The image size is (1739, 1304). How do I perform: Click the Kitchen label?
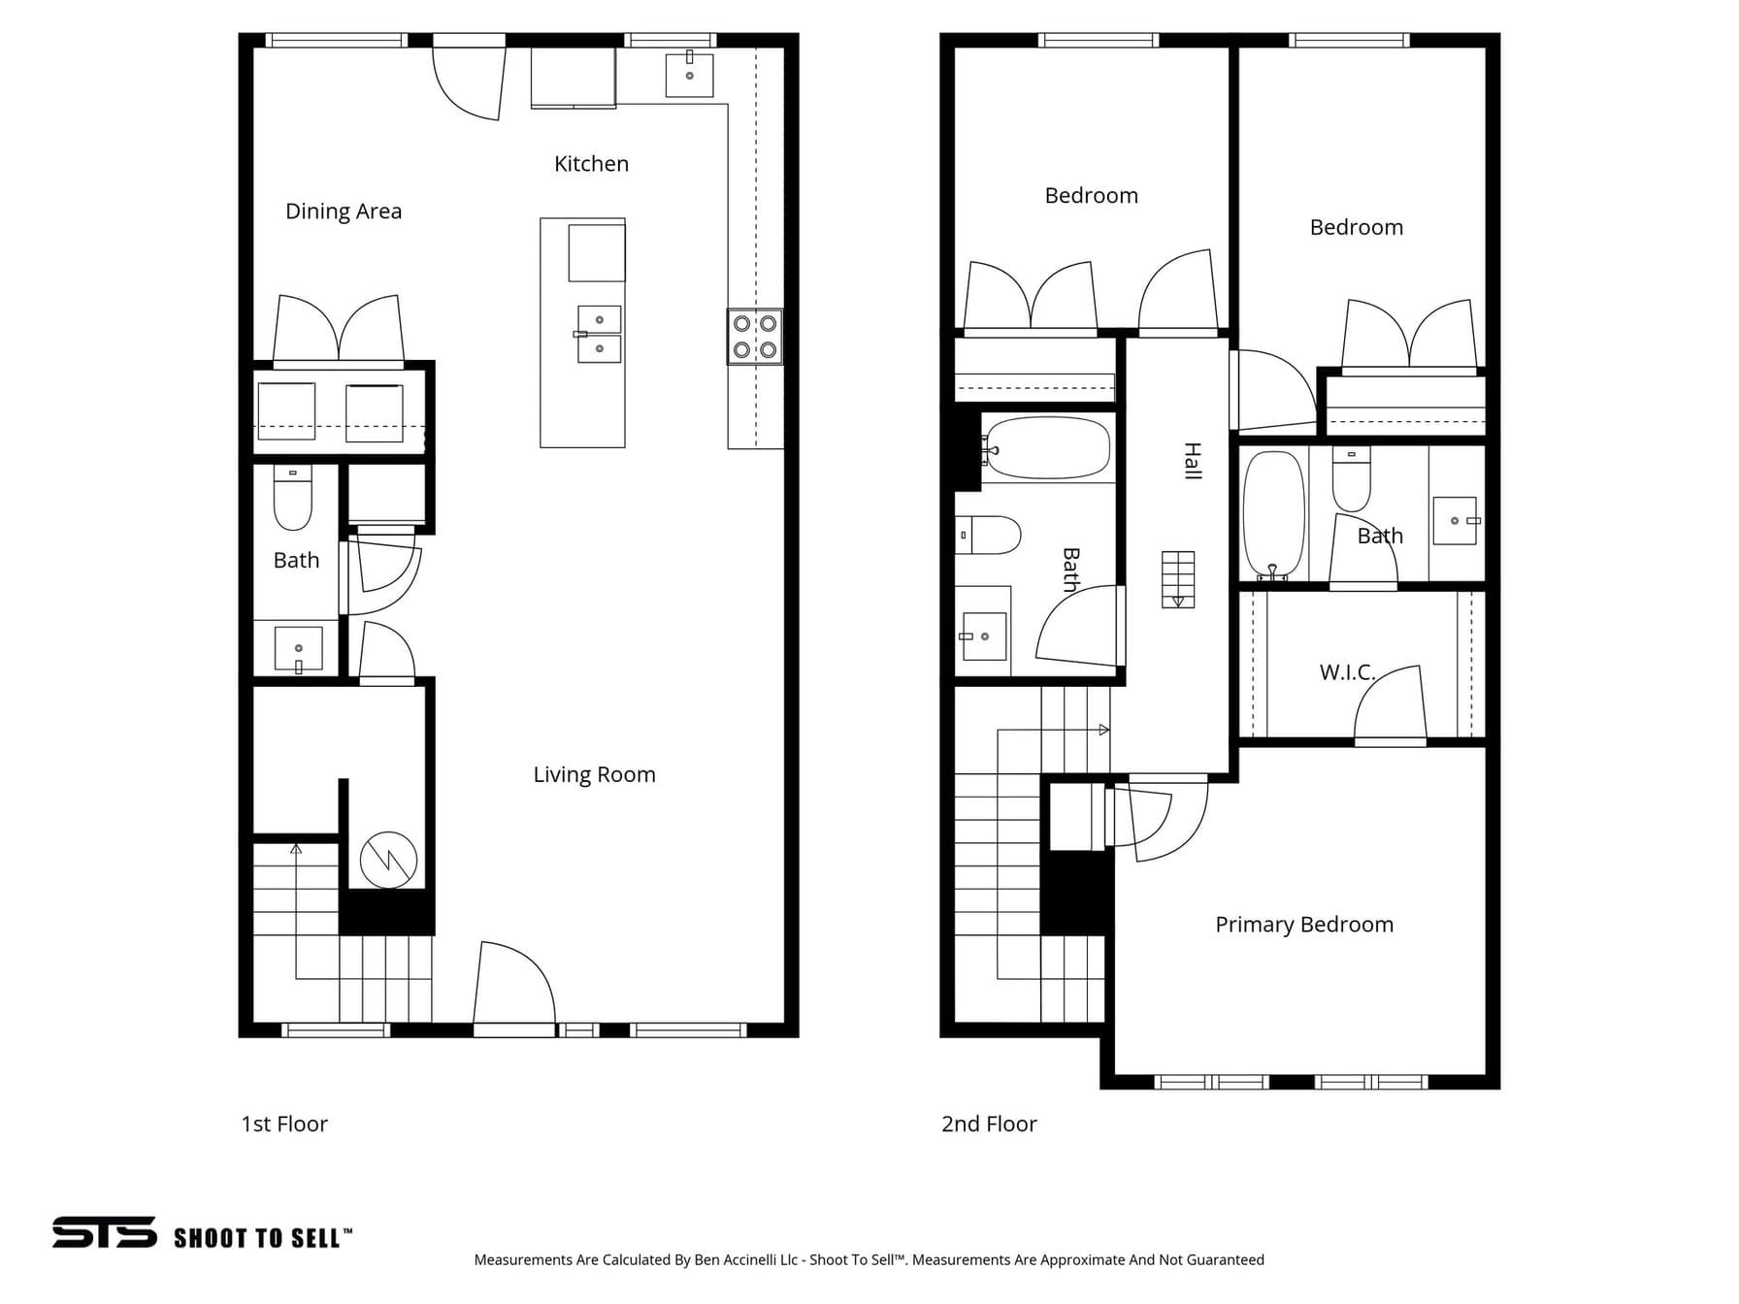click(x=591, y=164)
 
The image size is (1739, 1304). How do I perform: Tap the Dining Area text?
click(x=344, y=212)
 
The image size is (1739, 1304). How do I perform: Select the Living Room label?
click(x=594, y=774)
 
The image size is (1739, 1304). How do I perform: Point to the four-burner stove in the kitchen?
click(x=755, y=337)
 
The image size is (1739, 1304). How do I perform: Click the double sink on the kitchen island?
click(x=599, y=334)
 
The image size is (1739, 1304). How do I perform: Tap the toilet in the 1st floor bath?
click(x=293, y=498)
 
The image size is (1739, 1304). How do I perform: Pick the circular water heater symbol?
click(x=388, y=860)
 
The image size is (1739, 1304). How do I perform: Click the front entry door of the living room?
click(x=514, y=985)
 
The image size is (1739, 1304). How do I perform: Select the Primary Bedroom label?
click(x=1304, y=925)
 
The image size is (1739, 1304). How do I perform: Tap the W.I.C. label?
click(x=1347, y=671)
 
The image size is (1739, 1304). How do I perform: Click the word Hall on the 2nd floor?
click(x=1193, y=461)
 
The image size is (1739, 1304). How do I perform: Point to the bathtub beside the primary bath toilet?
click(x=1273, y=515)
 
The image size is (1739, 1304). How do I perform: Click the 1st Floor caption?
click(x=284, y=1124)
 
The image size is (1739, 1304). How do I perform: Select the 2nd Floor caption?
click(x=989, y=1124)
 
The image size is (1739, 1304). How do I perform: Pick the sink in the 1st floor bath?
click(x=299, y=649)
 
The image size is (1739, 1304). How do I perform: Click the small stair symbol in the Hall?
click(x=1178, y=579)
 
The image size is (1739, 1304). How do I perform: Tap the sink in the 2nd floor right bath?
click(x=1456, y=521)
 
